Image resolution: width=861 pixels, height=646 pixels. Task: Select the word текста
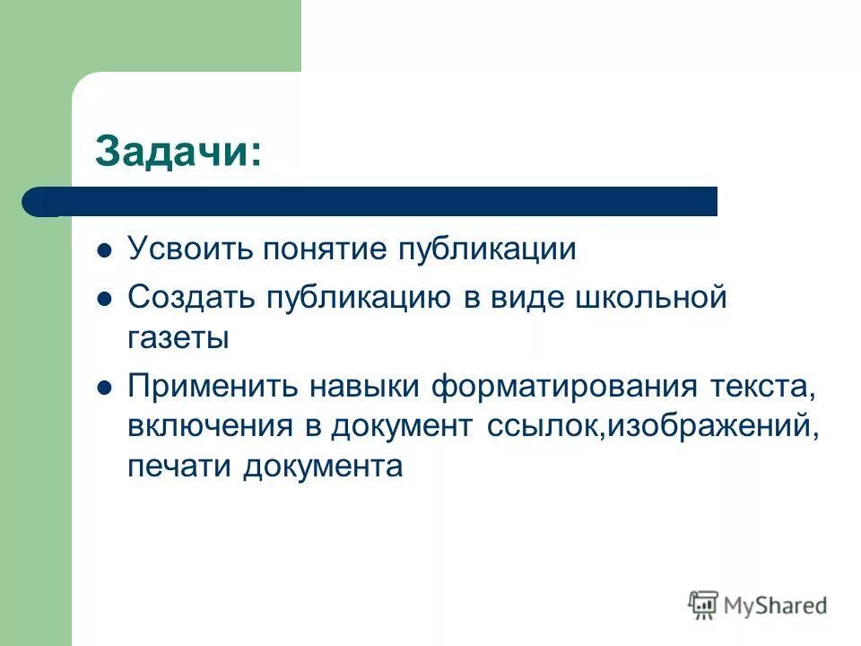tap(762, 388)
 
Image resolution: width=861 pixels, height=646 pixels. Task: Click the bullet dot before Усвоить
tap(104, 251)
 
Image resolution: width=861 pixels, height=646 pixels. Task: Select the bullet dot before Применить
tap(104, 389)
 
